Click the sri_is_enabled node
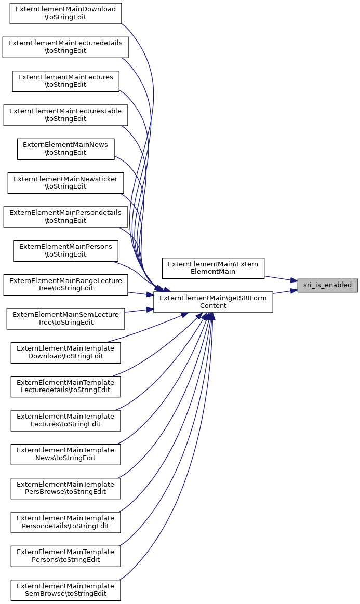(327, 285)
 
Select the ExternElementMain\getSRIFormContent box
(213, 302)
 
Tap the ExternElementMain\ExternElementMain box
(213, 267)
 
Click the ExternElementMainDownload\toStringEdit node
(65, 13)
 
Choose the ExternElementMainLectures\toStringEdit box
(65, 81)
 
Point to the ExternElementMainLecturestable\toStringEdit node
(65, 115)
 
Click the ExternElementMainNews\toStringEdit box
(65, 149)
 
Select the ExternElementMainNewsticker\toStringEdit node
(65, 183)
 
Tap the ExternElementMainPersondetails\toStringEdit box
(65, 217)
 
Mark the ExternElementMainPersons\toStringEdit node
(65, 250)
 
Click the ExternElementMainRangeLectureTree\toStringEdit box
(65, 285)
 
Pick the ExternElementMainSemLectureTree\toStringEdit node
(65, 318)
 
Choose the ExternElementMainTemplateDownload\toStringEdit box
(65, 352)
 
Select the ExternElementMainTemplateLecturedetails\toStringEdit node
(65, 386)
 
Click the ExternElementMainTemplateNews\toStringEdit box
(65, 454)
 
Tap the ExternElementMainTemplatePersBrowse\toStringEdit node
(65, 488)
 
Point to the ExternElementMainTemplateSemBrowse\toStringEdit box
(65, 590)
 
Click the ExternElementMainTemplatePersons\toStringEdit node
(65, 556)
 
